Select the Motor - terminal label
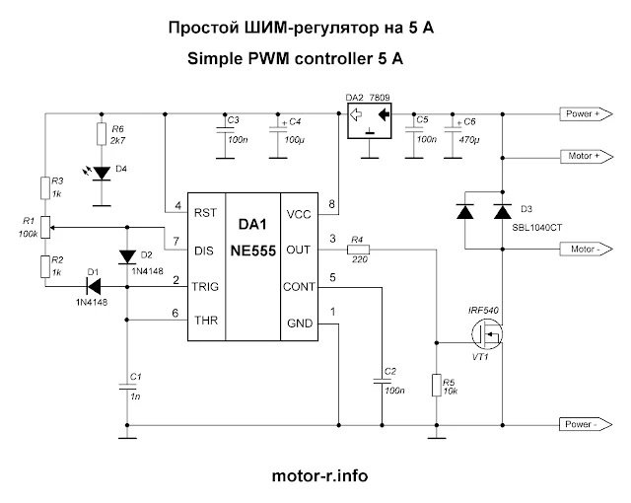click(x=586, y=250)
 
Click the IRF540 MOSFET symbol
click(x=487, y=333)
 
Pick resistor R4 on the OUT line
click(x=358, y=250)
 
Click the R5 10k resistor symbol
click(x=437, y=385)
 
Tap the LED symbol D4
click(x=102, y=174)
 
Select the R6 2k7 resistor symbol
click(x=102, y=134)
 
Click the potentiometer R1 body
click(x=45, y=228)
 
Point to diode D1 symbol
click(x=94, y=286)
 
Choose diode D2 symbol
click(x=127, y=257)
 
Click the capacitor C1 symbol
click(x=127, y=387)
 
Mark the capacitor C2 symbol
click(x=382, y=381)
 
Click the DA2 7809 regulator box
click(x=370, y=120)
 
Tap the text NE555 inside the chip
click(x=253, y=251)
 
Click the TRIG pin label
click(x=205, y=286)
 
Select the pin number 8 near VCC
click(x=331, y=204)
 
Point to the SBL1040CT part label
click(x=536, y=228)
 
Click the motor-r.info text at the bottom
click(x=319, y=475)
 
